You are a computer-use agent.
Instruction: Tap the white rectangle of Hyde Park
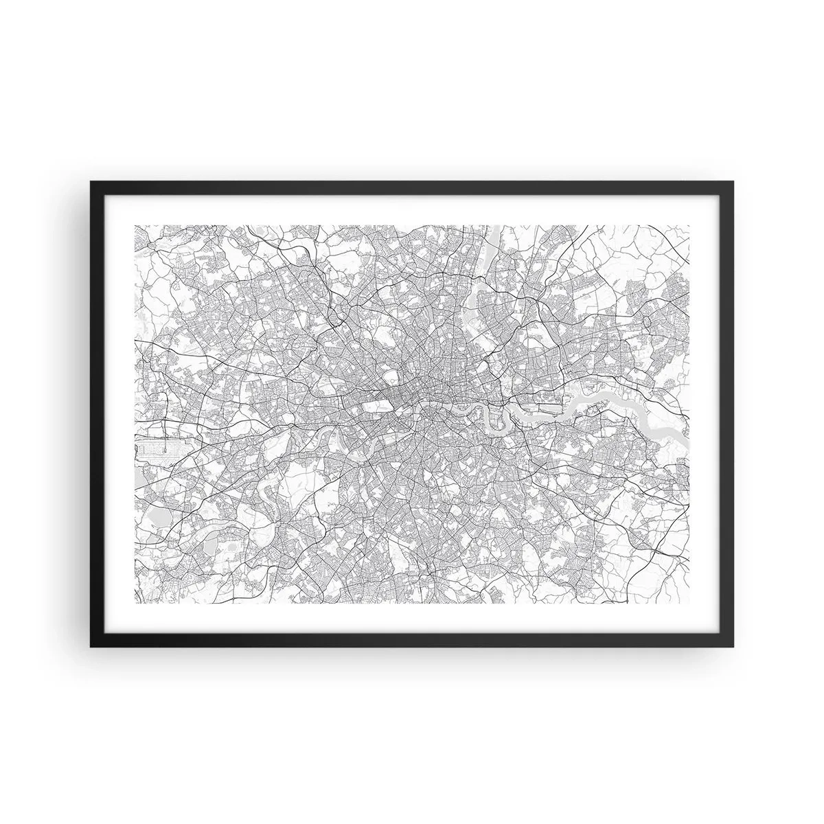tap(360, 407)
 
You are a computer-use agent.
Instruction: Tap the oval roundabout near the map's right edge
tap(650, 321)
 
